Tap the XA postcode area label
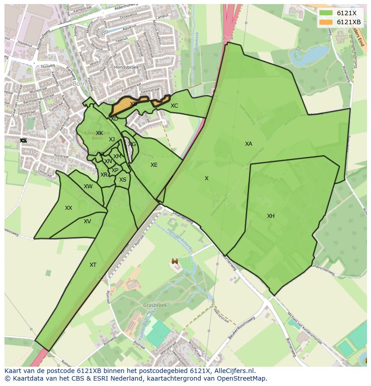tap(248, 144)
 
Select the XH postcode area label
tap(271, 216)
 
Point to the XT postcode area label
tap(93, 265)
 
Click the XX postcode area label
tap(69, 208)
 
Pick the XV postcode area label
tap(87, 221)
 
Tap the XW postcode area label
tap(88, 186)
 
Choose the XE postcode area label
tap(154, 165)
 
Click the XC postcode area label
tap(174, 106)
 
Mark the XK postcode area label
tap(99, 133)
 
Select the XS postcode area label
tap(123, 180)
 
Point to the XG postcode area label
tap(132, 144)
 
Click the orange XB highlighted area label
tap(133, 104)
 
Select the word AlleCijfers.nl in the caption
tap(235, 371)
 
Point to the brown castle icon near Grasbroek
tap(175, 261)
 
